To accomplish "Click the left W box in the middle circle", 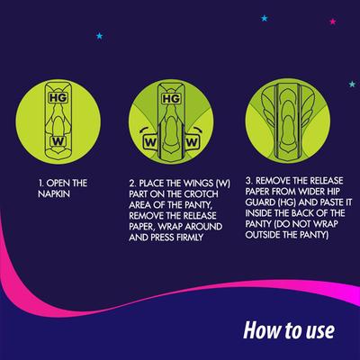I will click(x=150, y=141).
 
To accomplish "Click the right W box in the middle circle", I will click(x=193, y=141).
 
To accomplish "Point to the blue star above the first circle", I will click(x=99, y=36).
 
